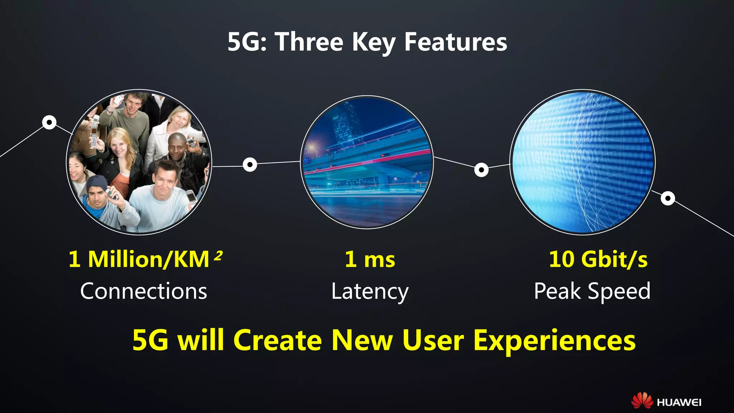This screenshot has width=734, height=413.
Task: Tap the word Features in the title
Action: click(x=456, y=42)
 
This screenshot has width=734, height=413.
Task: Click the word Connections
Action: click(x=144, y=291)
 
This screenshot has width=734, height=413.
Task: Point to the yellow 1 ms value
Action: click(x=370, y=259)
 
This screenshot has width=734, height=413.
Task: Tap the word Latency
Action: click(x=370, y=291)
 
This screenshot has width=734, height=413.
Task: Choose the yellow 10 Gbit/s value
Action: click(x=598, y=259)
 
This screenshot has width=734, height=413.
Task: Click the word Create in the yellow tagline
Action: click(x=278, y=340)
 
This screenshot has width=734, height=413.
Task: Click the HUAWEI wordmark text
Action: click(x=679, y=403)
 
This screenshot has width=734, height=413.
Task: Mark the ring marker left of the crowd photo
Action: click(x=49, y=122)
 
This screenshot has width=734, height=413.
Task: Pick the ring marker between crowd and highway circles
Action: click(x=250, y=165)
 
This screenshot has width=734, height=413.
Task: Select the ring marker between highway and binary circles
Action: click(x=481, y=170)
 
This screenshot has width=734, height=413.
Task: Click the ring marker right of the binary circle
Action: click(x=668, y=198)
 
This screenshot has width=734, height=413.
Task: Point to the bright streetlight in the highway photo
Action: click(x=311, y=147)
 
